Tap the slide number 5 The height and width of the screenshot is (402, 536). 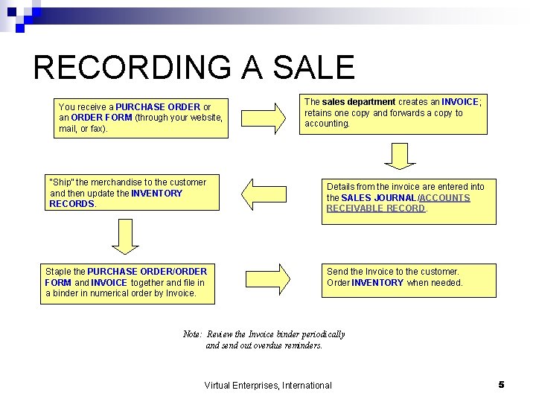[x=501, y=384]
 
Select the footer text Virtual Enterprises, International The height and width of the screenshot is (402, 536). [x=268, y=385]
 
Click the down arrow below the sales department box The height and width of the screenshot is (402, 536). [x=400, y=155]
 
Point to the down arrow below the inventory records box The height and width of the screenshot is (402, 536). [x=125, y=240]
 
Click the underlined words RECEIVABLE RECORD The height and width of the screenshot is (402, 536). [x=375, y=208]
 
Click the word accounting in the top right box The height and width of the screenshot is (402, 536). [x=326, y=124]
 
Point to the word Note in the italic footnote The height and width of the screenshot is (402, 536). [x=191, y=334]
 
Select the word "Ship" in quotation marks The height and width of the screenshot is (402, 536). [x=60, y=182]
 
